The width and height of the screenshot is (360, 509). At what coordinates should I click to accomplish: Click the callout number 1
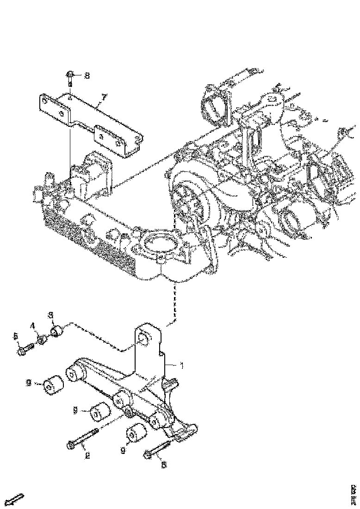click(181, 366)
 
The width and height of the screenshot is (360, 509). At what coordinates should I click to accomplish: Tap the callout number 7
click(104, 97)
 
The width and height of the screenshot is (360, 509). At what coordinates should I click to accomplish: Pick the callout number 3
click(52, 316)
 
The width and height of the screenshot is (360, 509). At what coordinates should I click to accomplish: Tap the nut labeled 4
click(42, 341)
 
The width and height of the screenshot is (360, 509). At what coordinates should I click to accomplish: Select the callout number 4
click(33, 326)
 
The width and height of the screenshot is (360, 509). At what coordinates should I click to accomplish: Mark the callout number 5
click(15, 335)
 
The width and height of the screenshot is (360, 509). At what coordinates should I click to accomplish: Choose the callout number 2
click(86, 455)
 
